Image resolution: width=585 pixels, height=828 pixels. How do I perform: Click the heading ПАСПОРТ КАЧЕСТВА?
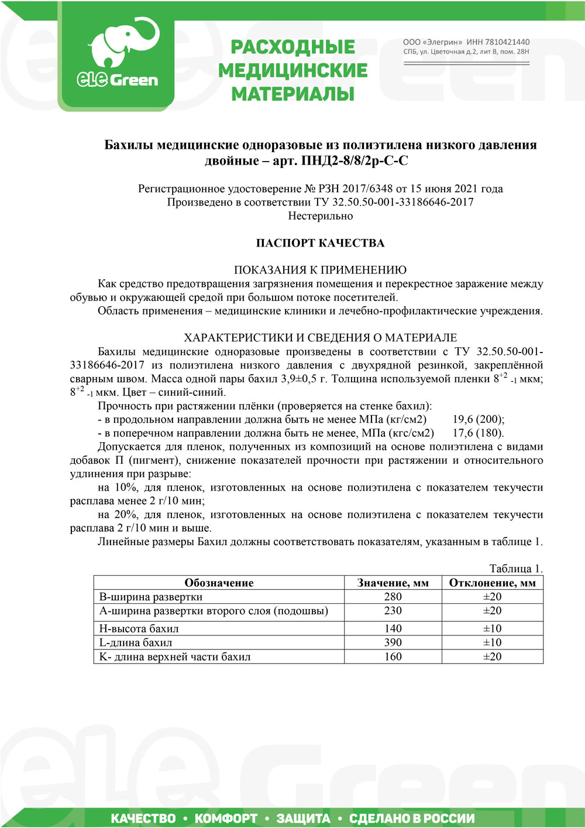[x=320, y=243]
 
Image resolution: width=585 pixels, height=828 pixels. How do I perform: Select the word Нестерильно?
[x=320, y=216]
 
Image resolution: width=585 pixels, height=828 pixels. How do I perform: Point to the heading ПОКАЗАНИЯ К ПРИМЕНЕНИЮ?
[x=320, y=270]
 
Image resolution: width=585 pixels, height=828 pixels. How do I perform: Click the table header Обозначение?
[x=219, y=583]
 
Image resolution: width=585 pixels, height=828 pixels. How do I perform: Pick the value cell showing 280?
[x=393, y=597]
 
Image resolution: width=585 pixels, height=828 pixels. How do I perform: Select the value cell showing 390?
[x=393, y=642]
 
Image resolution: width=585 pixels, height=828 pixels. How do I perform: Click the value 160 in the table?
[x=393, y=656]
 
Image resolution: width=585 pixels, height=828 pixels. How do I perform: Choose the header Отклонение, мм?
[x=492, y=583]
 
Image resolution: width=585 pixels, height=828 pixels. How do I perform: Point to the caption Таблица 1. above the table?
[x=516, y=569]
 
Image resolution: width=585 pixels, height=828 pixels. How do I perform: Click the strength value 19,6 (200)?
[x=478, y=419]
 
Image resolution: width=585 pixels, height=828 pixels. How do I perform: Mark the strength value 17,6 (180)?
[x=478, y=433]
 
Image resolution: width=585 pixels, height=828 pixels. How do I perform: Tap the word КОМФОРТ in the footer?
[x=226, y=818]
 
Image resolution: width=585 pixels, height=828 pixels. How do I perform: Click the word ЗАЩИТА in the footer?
[x=303, y=818]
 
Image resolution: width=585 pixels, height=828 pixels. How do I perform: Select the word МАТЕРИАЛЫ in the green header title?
[x=293, y=94]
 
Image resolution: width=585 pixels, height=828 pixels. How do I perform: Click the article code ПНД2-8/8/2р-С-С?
[x=355, y=160]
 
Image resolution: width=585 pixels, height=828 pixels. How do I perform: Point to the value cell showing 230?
[x=393, y=611]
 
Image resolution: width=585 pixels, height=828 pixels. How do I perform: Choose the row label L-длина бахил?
[x=136, y=642]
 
